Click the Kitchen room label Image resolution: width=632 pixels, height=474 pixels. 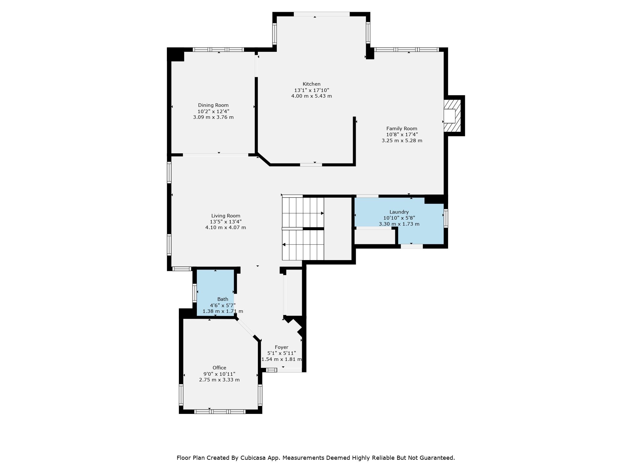(312, 84)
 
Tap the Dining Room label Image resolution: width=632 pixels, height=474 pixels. (213, 105)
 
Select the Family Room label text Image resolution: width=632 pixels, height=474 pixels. (402, 129)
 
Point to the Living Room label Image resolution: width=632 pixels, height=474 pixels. (226, 216)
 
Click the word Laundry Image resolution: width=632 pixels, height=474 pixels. (399, 212)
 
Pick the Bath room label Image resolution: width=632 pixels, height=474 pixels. (223, 299)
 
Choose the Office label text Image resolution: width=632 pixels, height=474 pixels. (219, 368)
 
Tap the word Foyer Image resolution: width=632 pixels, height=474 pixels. (282, 347)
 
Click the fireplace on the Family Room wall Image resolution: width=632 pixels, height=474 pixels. (452, 116)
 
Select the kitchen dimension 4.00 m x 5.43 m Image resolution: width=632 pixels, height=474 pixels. (312, 96)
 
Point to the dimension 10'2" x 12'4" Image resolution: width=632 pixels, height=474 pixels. (213, 111)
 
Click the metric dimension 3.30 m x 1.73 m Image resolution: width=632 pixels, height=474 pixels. (399, 224)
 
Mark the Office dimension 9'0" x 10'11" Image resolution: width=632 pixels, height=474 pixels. (219, 374)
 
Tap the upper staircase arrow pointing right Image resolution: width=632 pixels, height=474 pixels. (303, 213)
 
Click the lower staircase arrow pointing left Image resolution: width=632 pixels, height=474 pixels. (303, 245)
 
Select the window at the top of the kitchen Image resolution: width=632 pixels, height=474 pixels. (322, 14)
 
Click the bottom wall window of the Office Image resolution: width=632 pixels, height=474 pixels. (220, 411)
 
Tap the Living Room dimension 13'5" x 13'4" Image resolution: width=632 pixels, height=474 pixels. (226, 222)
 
